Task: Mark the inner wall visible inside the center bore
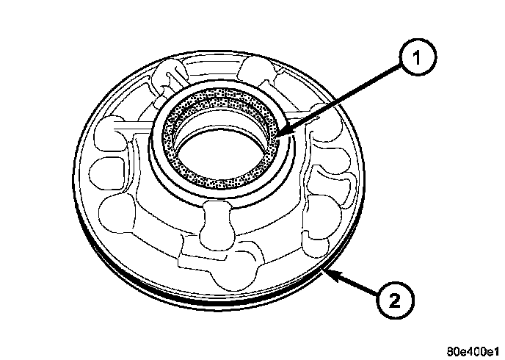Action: tap(220, 132)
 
